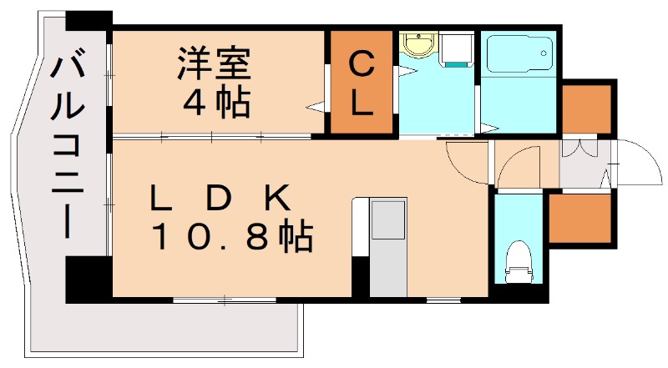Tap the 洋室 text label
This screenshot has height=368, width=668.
[x=214, y=64]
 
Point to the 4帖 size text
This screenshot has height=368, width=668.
[x=216, y=103]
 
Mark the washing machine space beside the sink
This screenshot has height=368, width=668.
[x=457, y=51]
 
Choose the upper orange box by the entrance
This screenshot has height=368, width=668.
[x=587, y=108]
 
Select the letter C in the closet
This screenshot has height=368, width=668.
[x=360, y=63]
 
